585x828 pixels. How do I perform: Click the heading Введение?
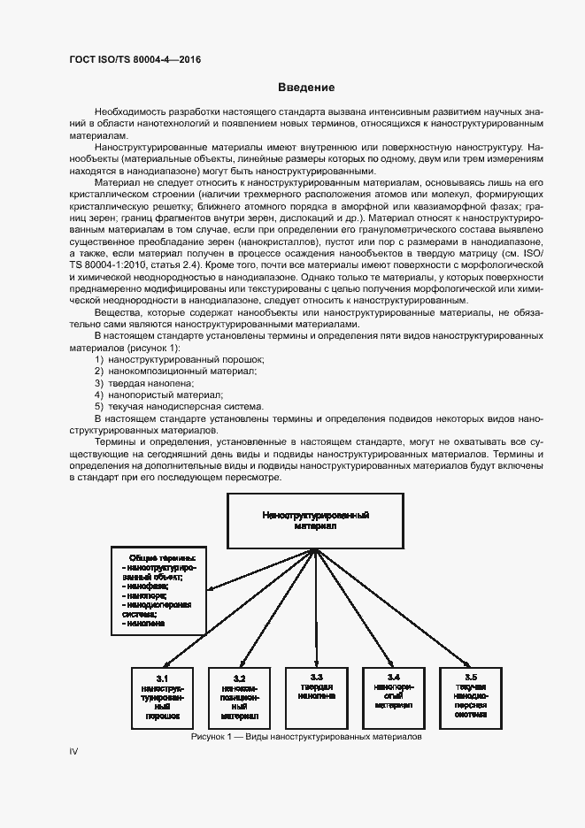(305, 88)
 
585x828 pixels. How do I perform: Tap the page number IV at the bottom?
(74, 751)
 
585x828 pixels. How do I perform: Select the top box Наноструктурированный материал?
(316, 519)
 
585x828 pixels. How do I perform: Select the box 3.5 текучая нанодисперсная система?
(471, 695)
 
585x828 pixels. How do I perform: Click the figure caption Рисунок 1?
(306, 737)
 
